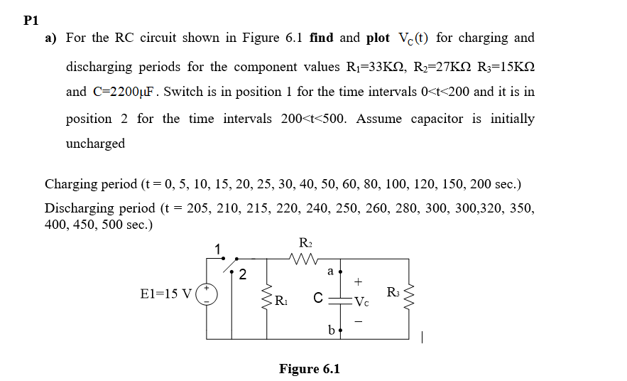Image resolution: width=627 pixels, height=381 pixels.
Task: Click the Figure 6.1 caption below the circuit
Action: (310, 369)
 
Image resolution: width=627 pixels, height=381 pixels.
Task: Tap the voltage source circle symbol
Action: (207, 294)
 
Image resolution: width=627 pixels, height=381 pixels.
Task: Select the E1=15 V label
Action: (166, 293)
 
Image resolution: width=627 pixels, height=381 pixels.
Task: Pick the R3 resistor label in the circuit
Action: (393, 292)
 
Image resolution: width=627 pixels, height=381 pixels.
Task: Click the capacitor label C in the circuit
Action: (320, 299)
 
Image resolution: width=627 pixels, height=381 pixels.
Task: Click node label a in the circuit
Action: (330, 271)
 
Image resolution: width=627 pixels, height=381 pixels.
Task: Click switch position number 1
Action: (218, 248)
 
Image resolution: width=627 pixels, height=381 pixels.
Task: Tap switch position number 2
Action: (242, 274)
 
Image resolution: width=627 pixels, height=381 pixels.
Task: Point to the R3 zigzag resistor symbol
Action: (410, 293)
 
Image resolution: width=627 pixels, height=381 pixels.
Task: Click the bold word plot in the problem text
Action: (378, 38)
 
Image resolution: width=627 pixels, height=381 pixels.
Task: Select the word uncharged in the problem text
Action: (95, 144)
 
